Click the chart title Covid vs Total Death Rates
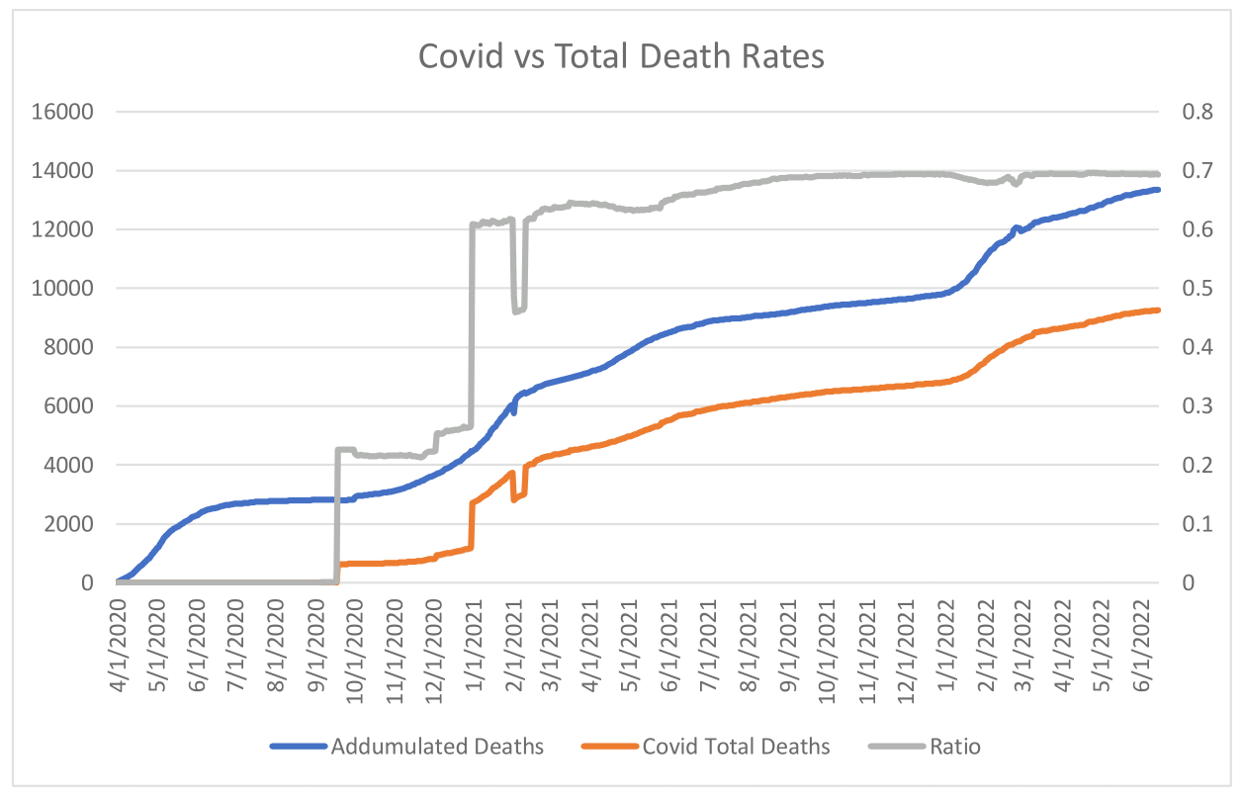pos(621,56)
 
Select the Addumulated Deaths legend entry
pos(437,746)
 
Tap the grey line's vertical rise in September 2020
pos(336,514)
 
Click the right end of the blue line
pos(1157,189)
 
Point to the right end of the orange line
pos(1157,311)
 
